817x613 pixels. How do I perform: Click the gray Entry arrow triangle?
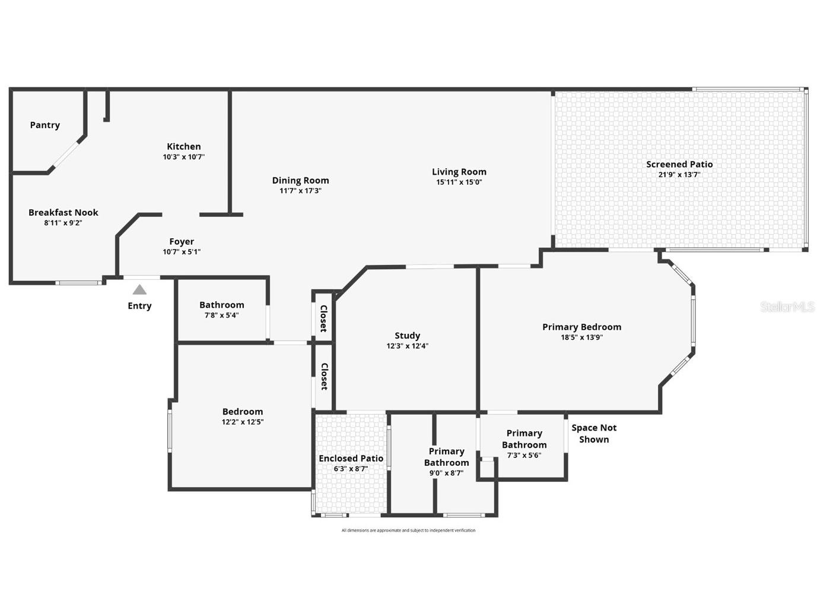[139, 290]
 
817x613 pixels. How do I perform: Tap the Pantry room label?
[45, 125]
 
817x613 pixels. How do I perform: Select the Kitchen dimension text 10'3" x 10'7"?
[184, 157]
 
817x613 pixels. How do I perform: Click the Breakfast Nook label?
[63, 213]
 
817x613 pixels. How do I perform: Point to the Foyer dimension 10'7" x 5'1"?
[182, 252]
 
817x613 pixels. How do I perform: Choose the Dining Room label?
[300, 181]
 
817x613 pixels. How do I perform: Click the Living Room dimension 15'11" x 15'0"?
[459, 182]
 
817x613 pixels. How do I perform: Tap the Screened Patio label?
[679, 165]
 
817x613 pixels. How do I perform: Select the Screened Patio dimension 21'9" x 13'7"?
[679, 175]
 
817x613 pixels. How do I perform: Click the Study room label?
[407, 336]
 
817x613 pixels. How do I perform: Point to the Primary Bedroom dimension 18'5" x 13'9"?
[581, 337]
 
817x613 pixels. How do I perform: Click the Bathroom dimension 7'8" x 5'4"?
[221, 315]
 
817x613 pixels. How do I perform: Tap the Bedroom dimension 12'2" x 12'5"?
[243, 422]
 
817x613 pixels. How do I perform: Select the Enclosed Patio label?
[351, 459]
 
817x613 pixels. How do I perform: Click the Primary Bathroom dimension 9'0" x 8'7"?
[446, 473]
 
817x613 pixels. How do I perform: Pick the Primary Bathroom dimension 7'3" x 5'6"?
[524, 456]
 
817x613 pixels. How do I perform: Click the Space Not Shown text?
[594, 434]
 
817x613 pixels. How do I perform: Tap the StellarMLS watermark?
[787, 307]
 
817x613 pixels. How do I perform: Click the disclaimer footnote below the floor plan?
[408, 530]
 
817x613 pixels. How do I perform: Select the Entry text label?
[139, 306]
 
